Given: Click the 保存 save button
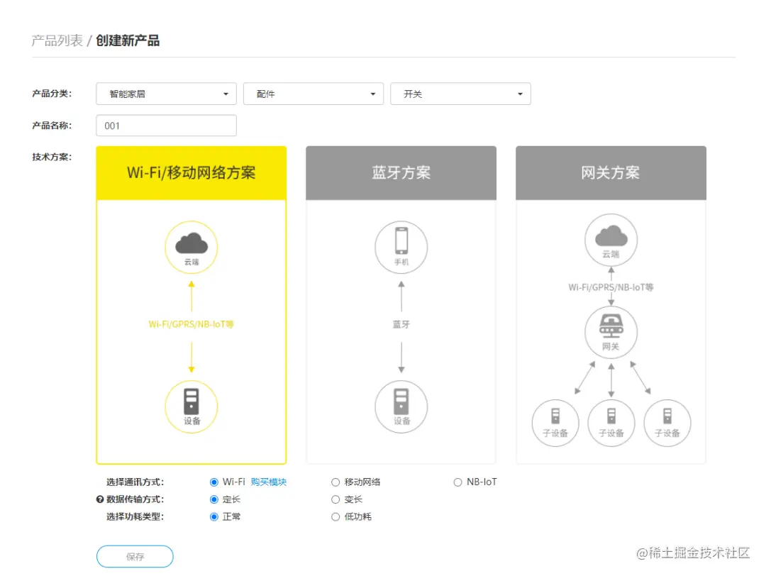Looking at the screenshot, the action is pos(135,557).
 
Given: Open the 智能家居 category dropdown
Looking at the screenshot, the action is pos(167,94).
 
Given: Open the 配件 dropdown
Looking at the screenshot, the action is pos(313,94).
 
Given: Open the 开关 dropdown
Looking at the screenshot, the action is pos(460,94).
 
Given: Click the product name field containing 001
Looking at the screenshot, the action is pos(166,126).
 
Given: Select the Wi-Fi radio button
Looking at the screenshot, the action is pos(214,482).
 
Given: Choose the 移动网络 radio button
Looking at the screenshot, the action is pos(336,482).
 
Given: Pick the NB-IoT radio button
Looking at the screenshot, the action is pos(457,482).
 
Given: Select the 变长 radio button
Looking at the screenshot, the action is pos(336,499).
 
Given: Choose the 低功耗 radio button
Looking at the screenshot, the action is pos(336,517).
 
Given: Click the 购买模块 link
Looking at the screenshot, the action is pos(269,482).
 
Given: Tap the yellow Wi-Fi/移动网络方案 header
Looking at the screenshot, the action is pos(191,173).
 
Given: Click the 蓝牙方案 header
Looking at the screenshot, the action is pos(401,173).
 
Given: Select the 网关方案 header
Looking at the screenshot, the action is pos(611,173).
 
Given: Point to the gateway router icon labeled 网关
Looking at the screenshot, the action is pos(611,328).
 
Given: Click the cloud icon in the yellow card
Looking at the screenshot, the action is pos(191,244).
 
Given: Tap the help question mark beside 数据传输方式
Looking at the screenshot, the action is pos(100,499).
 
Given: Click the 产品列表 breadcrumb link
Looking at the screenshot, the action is pos(57,40).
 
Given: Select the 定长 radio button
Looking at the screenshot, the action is pos(214,499).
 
